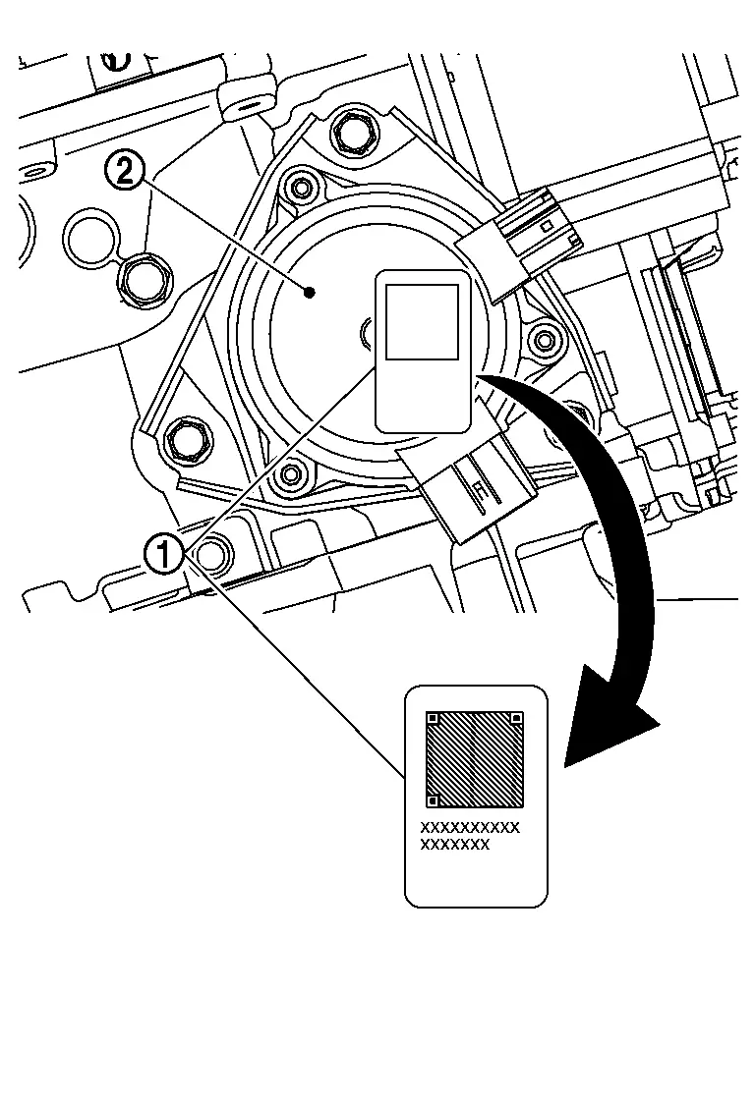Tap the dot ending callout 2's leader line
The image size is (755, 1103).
coord(311,291)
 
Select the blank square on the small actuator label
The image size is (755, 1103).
coord(422,322)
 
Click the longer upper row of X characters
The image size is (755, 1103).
coord(470,828)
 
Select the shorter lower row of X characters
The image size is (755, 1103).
coord(454,844)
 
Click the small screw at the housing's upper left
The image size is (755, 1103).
coord(300,186)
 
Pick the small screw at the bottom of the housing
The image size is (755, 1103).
coord(290,475)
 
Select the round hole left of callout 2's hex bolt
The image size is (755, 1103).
coord(89,235)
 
